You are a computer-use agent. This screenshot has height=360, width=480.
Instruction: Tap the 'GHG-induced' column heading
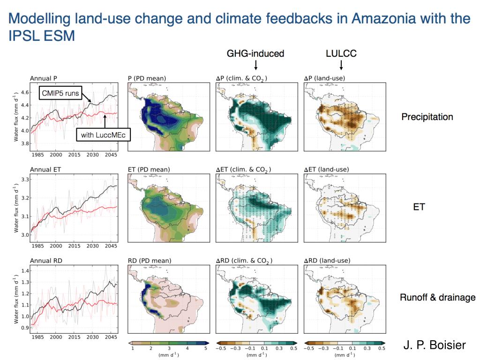(255, 53)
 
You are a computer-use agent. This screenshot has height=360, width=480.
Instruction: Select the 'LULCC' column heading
(341, 53)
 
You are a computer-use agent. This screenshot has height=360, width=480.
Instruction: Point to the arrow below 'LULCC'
(341, 65)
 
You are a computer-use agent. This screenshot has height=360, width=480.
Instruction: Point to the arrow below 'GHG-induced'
(255, 65)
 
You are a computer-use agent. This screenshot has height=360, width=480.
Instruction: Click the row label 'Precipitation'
(427, 117)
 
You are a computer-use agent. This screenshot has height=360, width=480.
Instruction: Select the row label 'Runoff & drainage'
(437, 297)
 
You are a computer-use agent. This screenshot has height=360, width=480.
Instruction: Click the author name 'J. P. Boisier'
(435, 345)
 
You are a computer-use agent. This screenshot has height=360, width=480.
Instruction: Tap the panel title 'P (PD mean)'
(147, 78)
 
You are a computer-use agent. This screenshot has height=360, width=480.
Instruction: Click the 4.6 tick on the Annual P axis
(22, 92)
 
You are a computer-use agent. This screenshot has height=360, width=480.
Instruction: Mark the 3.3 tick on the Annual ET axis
(22, 180)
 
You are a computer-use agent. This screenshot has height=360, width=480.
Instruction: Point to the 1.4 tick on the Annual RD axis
(22, 271)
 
